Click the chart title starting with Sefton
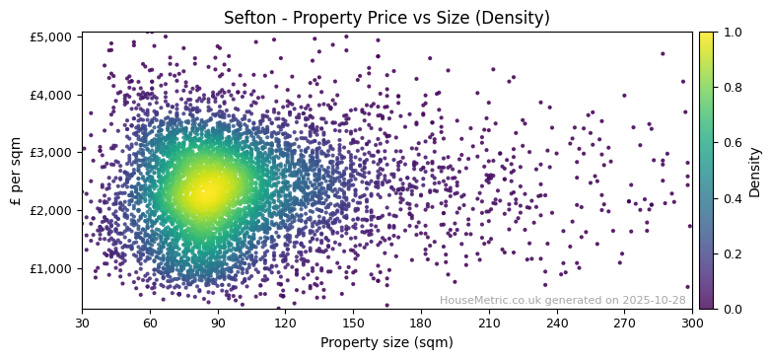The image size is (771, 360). point(386,18)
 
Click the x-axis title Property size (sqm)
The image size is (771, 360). point(386,343)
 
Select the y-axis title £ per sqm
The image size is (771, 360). point(17,171)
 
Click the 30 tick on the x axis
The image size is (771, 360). point(82,323)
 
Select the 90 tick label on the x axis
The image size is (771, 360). point(218,323)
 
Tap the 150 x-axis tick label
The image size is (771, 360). point(353,323)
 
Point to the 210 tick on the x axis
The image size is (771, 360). point(489,323)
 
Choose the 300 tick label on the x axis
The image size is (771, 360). point(692,323)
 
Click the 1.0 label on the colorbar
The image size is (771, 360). point(731,33)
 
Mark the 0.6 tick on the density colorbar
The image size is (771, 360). point(731,143)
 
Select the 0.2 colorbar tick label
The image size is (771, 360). point(731,253)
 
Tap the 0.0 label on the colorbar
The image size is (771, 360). point(731,309)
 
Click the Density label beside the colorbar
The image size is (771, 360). point(755,171)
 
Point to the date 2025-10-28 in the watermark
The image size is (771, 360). point(654,301)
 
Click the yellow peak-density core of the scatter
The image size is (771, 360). point(207,189)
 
